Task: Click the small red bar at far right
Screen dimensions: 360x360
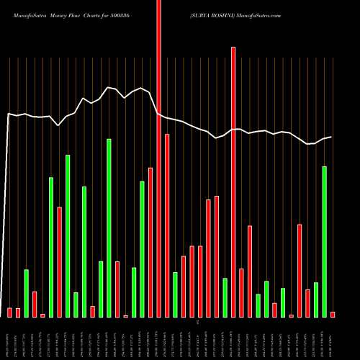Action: coord(333,314)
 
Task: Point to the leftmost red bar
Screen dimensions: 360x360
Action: coord(9,312)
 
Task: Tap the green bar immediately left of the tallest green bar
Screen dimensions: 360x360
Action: coord(101,289)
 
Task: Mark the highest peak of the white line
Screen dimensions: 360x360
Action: coord(108,87)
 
